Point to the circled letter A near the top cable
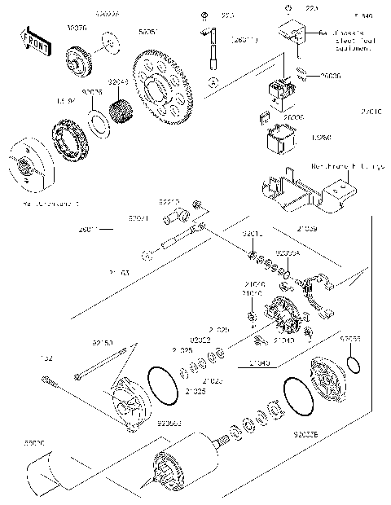point(213,82)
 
